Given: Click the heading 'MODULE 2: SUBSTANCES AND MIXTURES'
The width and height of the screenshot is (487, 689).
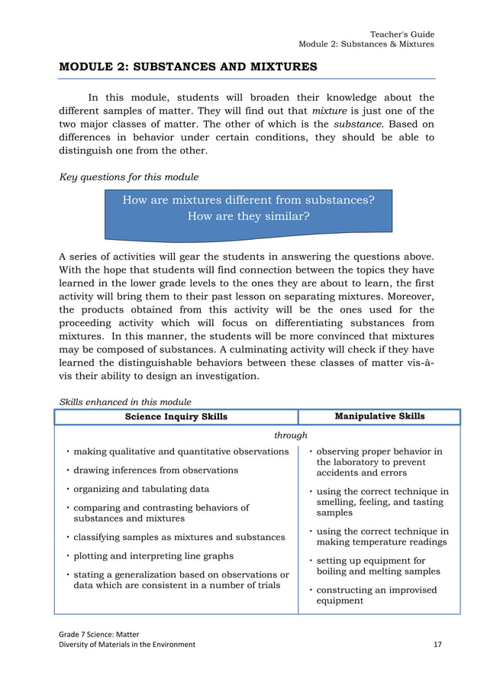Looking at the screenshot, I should pyautogui.click(x=188, y=66).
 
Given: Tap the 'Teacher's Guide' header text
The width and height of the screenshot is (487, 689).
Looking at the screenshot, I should pyautogui.click(x=402, y=34).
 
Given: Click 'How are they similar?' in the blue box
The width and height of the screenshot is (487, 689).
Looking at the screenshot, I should pyautogui.click(x=248, y=215).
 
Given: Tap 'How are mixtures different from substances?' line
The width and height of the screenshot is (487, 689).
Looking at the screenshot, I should pyautogui.click(x=248, y=200).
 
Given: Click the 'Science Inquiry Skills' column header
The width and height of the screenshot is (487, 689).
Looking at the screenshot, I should pyautogui.click(x=176, y=416).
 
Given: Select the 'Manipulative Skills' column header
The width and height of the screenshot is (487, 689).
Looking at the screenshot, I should pyautogui.click(x=379, y=416).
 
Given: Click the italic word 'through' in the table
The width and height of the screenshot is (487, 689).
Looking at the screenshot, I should pyautogui.click(x=290, y=435).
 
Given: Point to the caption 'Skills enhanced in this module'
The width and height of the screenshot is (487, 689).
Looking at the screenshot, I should pyautogui.click(x=125, y=402).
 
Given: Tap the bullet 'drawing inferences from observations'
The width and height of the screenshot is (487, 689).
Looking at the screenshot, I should pyautogui.click(x=156, y=470).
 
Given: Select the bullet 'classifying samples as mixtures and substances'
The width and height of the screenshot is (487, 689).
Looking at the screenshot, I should pyautogui.click(x=179, y=537).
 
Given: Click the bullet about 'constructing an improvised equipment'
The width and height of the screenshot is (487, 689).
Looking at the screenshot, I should pyautogui.click(x=376, y=595).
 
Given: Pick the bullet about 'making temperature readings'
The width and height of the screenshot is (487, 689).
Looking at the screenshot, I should pyautogui.click(x=382, y=536).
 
